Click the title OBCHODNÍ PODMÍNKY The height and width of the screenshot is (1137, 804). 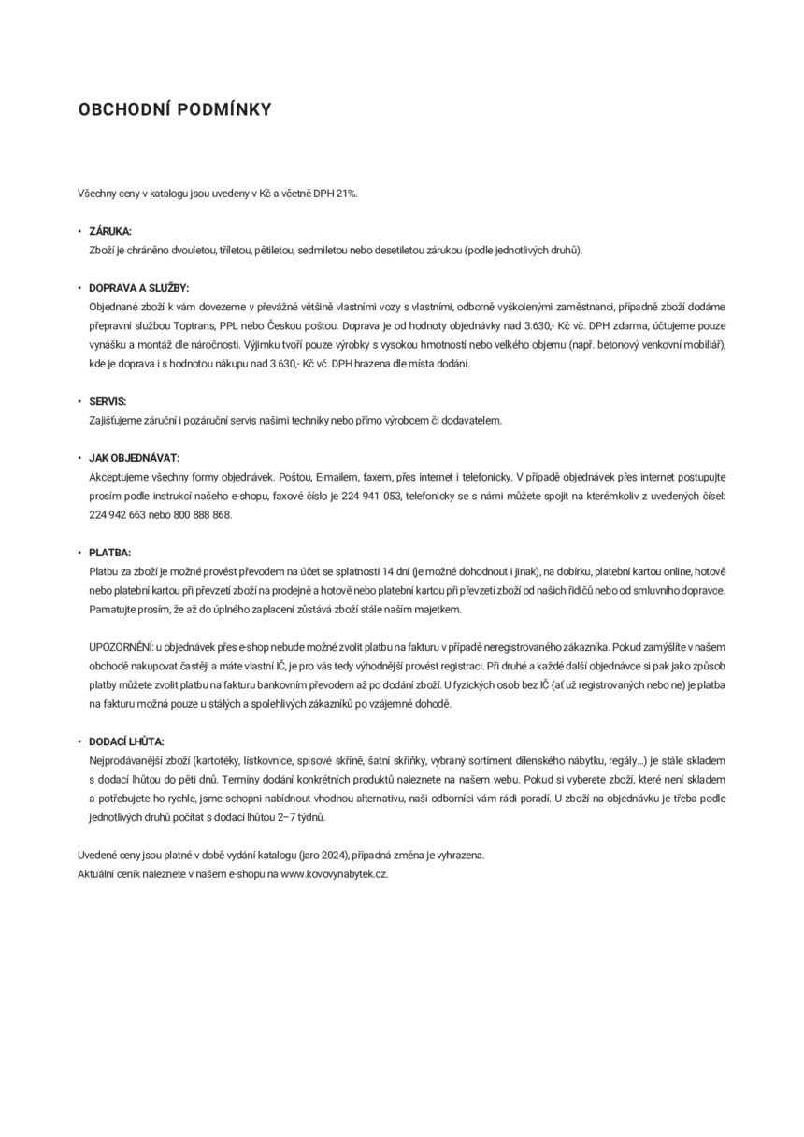click(x=175, y=110)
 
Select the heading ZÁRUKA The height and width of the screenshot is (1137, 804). click(x=110, y=231)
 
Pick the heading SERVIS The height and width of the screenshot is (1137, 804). click(x=108, y=401)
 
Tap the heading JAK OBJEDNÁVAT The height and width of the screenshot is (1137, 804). click(x=134, y=458)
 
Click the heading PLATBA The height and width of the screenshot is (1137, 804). click(x=109, y=553)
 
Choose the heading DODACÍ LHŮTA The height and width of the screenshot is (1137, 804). click(x=126, y=741)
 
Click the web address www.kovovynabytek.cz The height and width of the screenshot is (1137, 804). click(x=334, y=873)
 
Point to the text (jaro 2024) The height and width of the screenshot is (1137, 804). click(x=323, y=855)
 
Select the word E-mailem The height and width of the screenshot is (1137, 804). click(x=339, y=477)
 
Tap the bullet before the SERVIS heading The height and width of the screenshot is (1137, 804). click(x=79, y=401)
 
